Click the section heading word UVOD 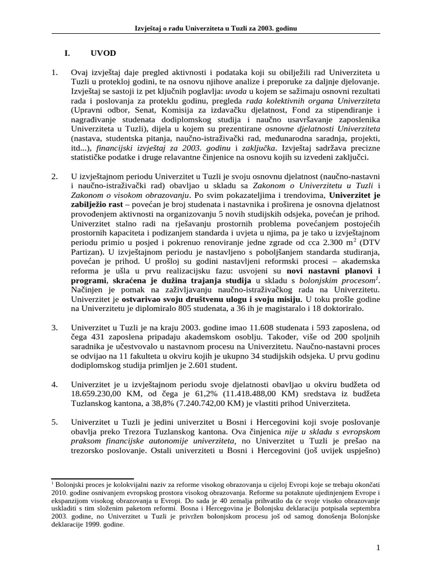coord(103,54)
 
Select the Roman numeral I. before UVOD coord(67,54)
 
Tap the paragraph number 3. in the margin coord(55,327)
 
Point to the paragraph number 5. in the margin coord(55,422)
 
